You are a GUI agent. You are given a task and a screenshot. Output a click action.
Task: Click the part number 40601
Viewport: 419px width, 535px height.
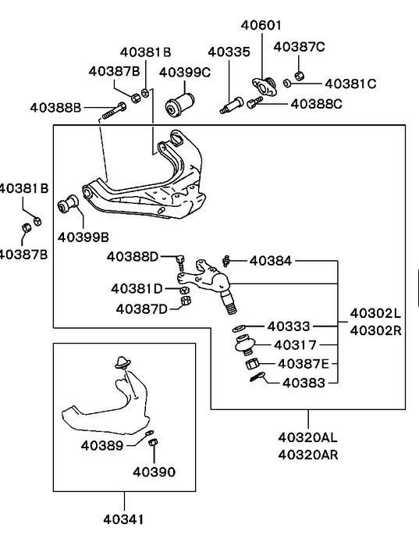[x=261, y=25]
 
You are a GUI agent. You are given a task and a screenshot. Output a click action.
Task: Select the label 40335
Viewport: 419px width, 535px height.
[x=229, y=52]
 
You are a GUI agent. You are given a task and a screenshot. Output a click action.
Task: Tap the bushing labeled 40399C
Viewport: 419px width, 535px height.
[x=180, y=104]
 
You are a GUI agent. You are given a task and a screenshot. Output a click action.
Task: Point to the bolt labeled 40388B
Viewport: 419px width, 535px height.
[x=114, y=110]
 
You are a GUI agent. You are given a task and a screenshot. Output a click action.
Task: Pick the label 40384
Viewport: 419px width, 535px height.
[x=271, y=261]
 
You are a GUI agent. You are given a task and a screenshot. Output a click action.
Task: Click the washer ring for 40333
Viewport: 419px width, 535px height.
[x=238, y=329]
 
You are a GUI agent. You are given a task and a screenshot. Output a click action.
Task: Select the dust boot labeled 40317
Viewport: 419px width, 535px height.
[x=244, y=344]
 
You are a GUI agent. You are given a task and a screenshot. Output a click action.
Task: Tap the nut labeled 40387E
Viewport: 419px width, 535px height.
[x=252, y=364]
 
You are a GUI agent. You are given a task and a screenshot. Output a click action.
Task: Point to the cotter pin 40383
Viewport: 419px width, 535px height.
[x=257, y=376]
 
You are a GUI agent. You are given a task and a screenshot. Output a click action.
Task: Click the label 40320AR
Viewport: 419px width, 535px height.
[x=308, y=455]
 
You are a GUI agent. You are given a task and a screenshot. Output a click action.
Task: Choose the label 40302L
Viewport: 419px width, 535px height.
[x=375, y=313]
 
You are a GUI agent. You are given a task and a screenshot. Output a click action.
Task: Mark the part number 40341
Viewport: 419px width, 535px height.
[x=124, y=519]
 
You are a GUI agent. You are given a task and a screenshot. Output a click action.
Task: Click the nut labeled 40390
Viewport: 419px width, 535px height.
[x=153, y=442]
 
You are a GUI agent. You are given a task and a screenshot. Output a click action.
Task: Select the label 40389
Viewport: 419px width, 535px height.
[x=102, y=445]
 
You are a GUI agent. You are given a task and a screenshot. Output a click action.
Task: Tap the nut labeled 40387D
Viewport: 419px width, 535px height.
[x=186, y=301]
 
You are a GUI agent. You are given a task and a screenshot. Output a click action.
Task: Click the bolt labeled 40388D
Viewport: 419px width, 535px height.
[x=180, y=262]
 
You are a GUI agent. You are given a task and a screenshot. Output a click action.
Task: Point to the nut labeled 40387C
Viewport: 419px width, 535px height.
[x=299, y=76]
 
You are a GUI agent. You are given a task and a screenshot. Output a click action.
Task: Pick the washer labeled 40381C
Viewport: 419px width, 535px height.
[x=287, y=83]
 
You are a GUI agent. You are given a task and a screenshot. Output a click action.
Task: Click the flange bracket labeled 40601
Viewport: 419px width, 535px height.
[x=264, y=87]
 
